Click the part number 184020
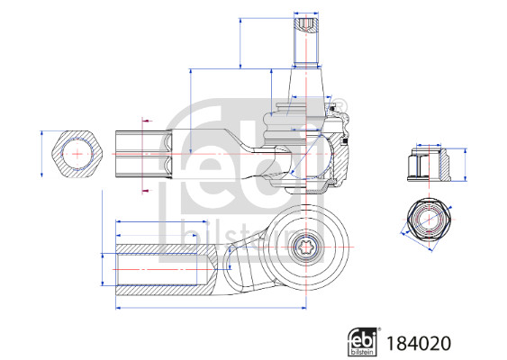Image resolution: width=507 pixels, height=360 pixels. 420,343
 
